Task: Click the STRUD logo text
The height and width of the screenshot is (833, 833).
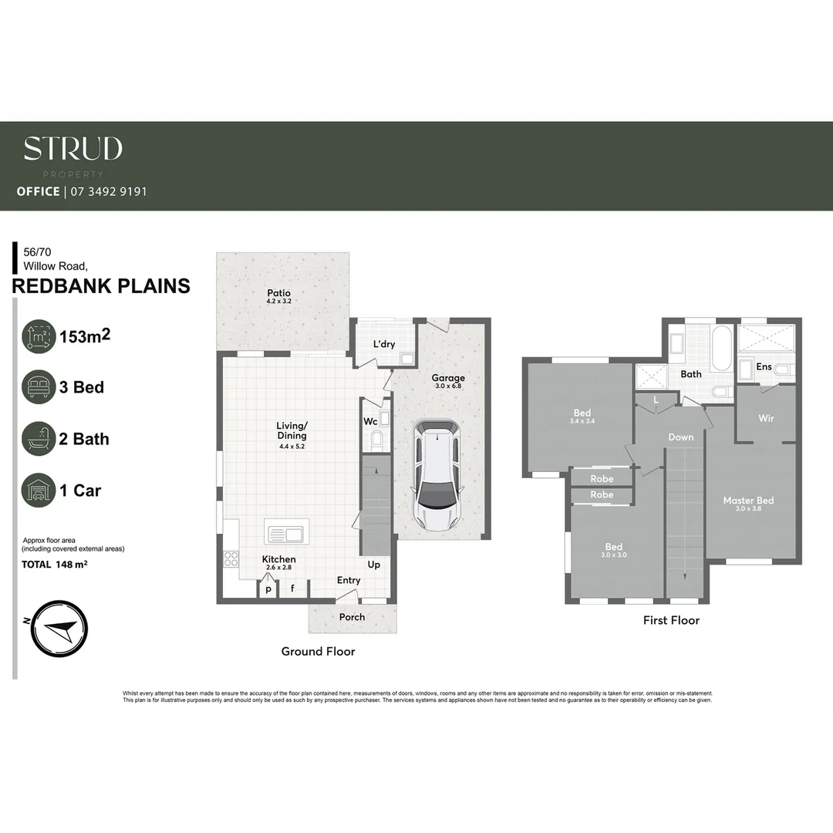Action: point(73,149)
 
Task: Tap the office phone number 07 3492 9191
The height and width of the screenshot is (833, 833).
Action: point(107,191)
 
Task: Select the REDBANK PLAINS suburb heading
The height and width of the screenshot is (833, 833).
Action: point(101,286)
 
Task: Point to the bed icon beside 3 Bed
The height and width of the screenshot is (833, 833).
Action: point(39,387)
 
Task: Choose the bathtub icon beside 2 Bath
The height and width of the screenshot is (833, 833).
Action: point(39,439)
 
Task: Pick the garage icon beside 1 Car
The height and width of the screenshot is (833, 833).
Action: point(39,491)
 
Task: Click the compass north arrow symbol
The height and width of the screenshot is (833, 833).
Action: point(58,629)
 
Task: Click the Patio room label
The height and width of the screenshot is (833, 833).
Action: point(279,293)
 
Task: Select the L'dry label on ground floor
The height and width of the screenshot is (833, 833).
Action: point(383,344)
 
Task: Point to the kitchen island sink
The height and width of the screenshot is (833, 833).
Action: point(287,532)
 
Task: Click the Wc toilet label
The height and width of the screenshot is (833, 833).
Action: point(369,421)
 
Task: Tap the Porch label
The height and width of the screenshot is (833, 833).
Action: point(352,617)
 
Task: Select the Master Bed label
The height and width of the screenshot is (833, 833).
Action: point(748,501)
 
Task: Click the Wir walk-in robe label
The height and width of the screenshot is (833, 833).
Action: point(766,419)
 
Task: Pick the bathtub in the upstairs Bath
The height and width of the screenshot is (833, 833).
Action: point(723,349)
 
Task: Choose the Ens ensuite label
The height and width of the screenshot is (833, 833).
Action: point(764,366)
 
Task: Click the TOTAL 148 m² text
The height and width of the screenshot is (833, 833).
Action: point(53,565)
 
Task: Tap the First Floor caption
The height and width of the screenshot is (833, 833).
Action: point(671,620)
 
